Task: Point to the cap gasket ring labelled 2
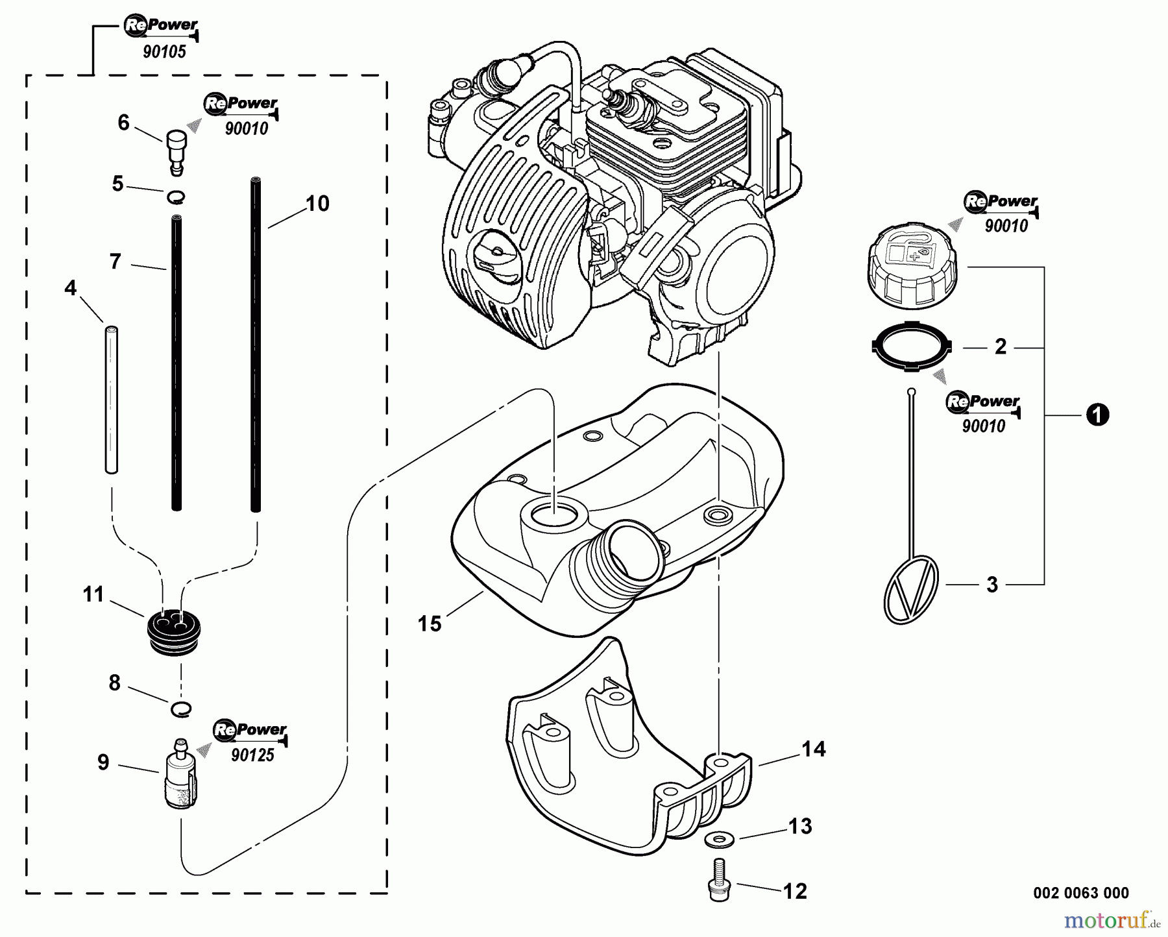911,348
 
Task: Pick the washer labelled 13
718,837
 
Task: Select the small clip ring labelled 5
176,197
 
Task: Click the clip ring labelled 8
182,709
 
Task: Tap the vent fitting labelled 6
176,151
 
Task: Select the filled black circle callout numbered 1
1097,414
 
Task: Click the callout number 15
430,624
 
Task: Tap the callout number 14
813,749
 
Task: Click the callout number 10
317,204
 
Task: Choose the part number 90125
252,755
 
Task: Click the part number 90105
164,52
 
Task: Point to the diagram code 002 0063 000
1080,894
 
